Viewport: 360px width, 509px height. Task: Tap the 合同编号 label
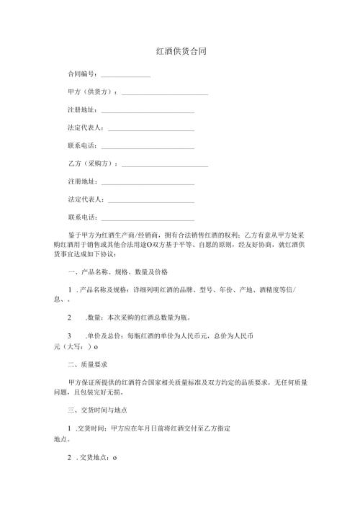click(x=82, y=74)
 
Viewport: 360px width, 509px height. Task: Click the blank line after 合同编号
click(x=125, y=75)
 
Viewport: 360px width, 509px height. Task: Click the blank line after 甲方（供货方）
click(x=165, y=94)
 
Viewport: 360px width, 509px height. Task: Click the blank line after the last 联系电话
click(x=148, y=218)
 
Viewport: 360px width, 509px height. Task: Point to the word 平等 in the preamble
click(x=195, y=245)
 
